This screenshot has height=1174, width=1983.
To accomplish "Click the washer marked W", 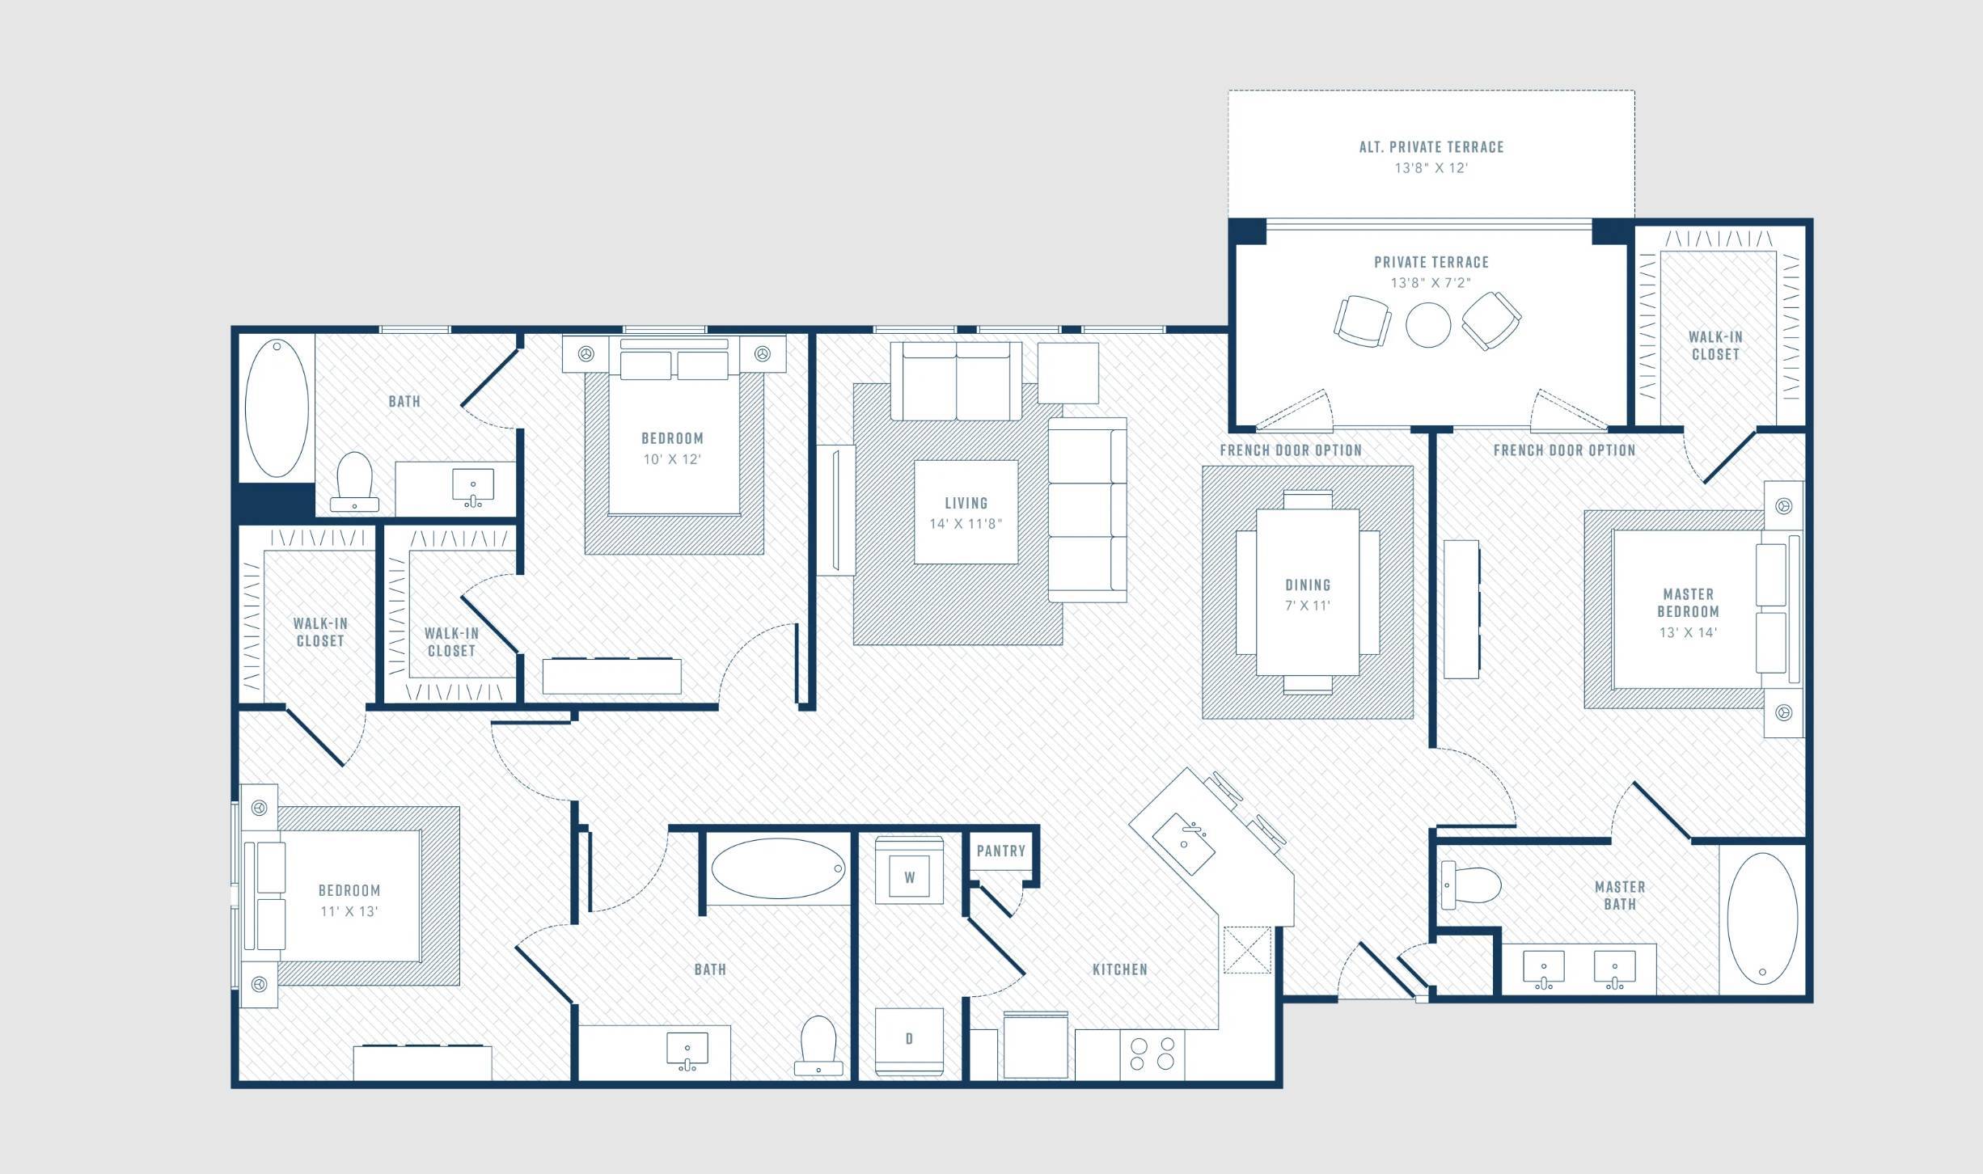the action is tap(909, 870).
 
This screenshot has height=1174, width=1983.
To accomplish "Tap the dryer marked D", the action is tap(909, 1041).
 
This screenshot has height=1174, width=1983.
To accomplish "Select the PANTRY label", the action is tap(1000, 851).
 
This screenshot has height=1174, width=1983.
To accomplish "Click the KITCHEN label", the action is tap(1119, 969).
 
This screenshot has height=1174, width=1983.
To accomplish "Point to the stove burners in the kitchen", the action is tap(1152, 1054).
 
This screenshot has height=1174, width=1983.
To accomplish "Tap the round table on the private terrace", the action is tap(1428, 325).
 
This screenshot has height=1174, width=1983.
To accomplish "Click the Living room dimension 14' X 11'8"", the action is tap(966, 524).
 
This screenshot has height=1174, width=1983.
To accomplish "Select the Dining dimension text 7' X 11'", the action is tap(1308, 606).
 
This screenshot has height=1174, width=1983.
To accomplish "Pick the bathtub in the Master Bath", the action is tap(1762, 919).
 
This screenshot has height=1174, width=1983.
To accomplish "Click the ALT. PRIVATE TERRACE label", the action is tap(1431, 147).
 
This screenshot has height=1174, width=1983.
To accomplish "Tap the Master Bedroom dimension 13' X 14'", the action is tap(1688, 633).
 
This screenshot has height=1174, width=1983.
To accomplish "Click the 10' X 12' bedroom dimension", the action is tap(672, 459).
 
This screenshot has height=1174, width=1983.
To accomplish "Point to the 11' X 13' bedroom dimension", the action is tap(349, 911).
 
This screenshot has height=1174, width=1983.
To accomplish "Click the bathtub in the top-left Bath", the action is tap(277, 408).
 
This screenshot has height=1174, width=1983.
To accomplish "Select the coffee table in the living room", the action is tap(966, 512).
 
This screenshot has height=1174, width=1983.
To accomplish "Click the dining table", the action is tap(1308, 592).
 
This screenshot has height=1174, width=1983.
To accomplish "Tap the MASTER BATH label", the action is tap(1620, 895).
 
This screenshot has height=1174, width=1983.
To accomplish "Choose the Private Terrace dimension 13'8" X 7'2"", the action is tap(1431, 283).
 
